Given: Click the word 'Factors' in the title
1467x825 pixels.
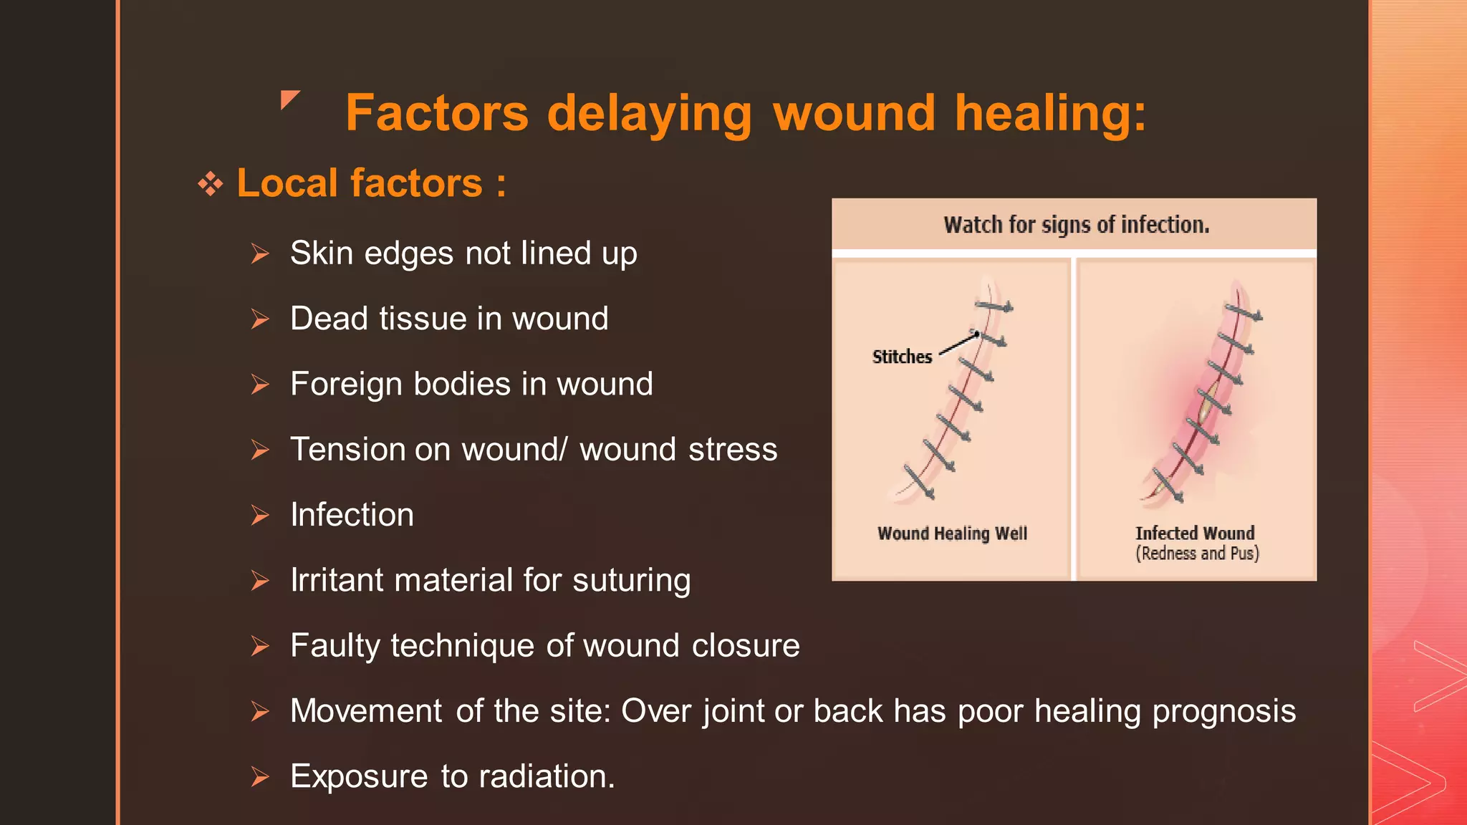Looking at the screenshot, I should coord(436,113).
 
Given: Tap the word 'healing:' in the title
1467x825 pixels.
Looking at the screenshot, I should coord(1050,113).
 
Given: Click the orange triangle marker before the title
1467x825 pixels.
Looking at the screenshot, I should coord(289,99).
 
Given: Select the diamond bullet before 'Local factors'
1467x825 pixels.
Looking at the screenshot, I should coord(211,184).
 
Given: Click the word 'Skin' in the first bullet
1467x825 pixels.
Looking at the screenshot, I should coord(322,254).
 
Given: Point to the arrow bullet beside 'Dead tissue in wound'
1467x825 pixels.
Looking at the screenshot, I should coord(260,319).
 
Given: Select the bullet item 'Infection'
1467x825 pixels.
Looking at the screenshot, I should coord(352,515).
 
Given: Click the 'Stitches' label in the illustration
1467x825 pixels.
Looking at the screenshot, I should coord(902,357).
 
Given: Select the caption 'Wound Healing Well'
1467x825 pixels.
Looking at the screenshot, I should coord(952,534).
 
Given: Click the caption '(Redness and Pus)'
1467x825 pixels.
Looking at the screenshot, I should coord(1197,554).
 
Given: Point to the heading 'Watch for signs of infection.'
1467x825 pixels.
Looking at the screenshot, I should coord(1076,225).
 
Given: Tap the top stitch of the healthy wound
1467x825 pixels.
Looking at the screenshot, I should coord(994,307).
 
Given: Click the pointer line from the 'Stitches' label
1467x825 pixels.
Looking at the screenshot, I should coord(958,344).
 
